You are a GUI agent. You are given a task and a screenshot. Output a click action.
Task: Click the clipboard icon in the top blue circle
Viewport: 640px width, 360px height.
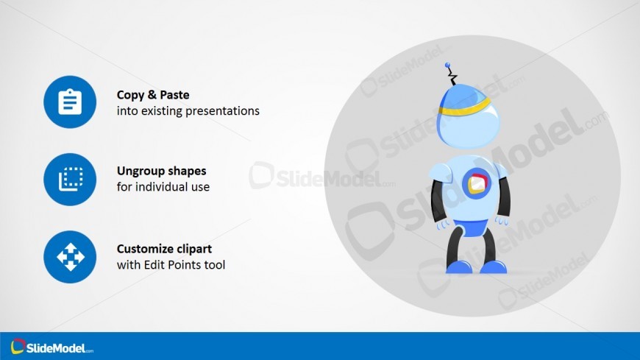[70, 102]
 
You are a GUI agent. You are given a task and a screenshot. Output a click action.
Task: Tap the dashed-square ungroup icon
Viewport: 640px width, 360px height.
[71, 179]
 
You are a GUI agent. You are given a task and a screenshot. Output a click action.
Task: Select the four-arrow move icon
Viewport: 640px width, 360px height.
[70, 257]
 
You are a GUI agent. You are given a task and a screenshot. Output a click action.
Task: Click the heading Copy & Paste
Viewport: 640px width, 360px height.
[153, 95]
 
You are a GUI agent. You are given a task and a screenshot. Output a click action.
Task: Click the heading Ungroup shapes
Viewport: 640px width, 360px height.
[162, 171]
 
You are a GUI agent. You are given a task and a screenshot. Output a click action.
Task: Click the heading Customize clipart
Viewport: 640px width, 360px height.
[165, 248]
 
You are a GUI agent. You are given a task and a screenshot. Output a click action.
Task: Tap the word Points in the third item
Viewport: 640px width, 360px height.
[182, 265]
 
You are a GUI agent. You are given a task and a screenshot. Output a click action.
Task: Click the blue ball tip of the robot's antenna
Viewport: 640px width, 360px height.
[447, 65]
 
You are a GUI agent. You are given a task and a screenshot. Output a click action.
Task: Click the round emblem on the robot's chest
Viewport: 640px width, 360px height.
[476, 183]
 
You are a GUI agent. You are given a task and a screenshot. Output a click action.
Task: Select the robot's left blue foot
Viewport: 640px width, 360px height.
[459, 267]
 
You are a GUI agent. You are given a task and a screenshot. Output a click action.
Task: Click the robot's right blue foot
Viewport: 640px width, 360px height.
[494, 267]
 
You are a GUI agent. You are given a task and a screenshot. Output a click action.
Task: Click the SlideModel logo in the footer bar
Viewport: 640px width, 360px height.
[51, 347]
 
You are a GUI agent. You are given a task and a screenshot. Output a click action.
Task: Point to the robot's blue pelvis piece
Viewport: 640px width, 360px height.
[471, 227]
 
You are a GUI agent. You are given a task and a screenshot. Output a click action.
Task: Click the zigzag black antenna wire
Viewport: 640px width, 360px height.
[452, 76]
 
